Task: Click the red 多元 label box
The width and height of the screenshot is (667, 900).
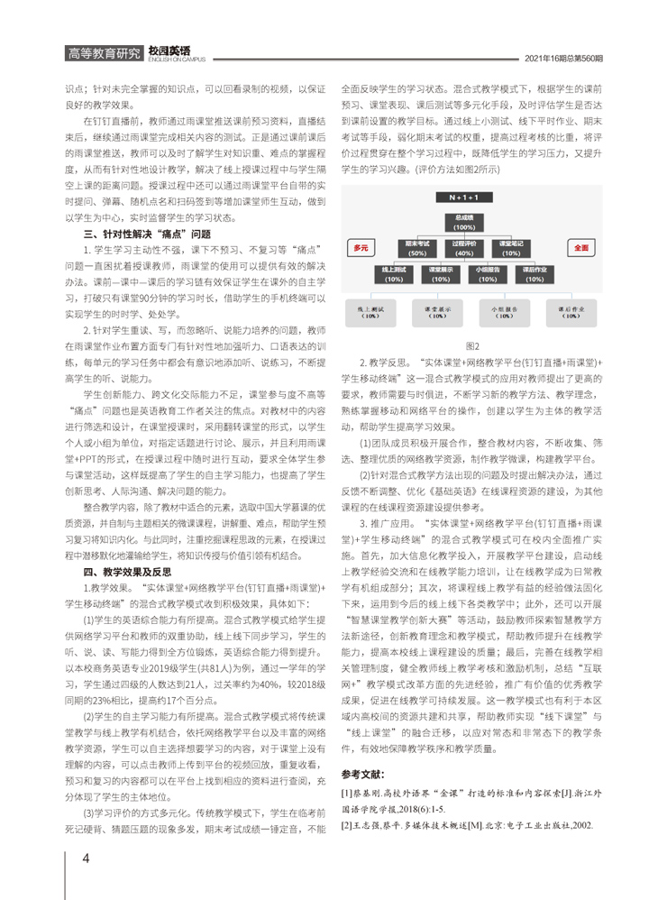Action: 362,246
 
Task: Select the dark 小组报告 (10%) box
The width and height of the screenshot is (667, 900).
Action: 489,272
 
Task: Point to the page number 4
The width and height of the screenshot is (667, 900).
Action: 86,858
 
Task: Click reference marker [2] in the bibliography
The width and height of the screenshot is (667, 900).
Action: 346,825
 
